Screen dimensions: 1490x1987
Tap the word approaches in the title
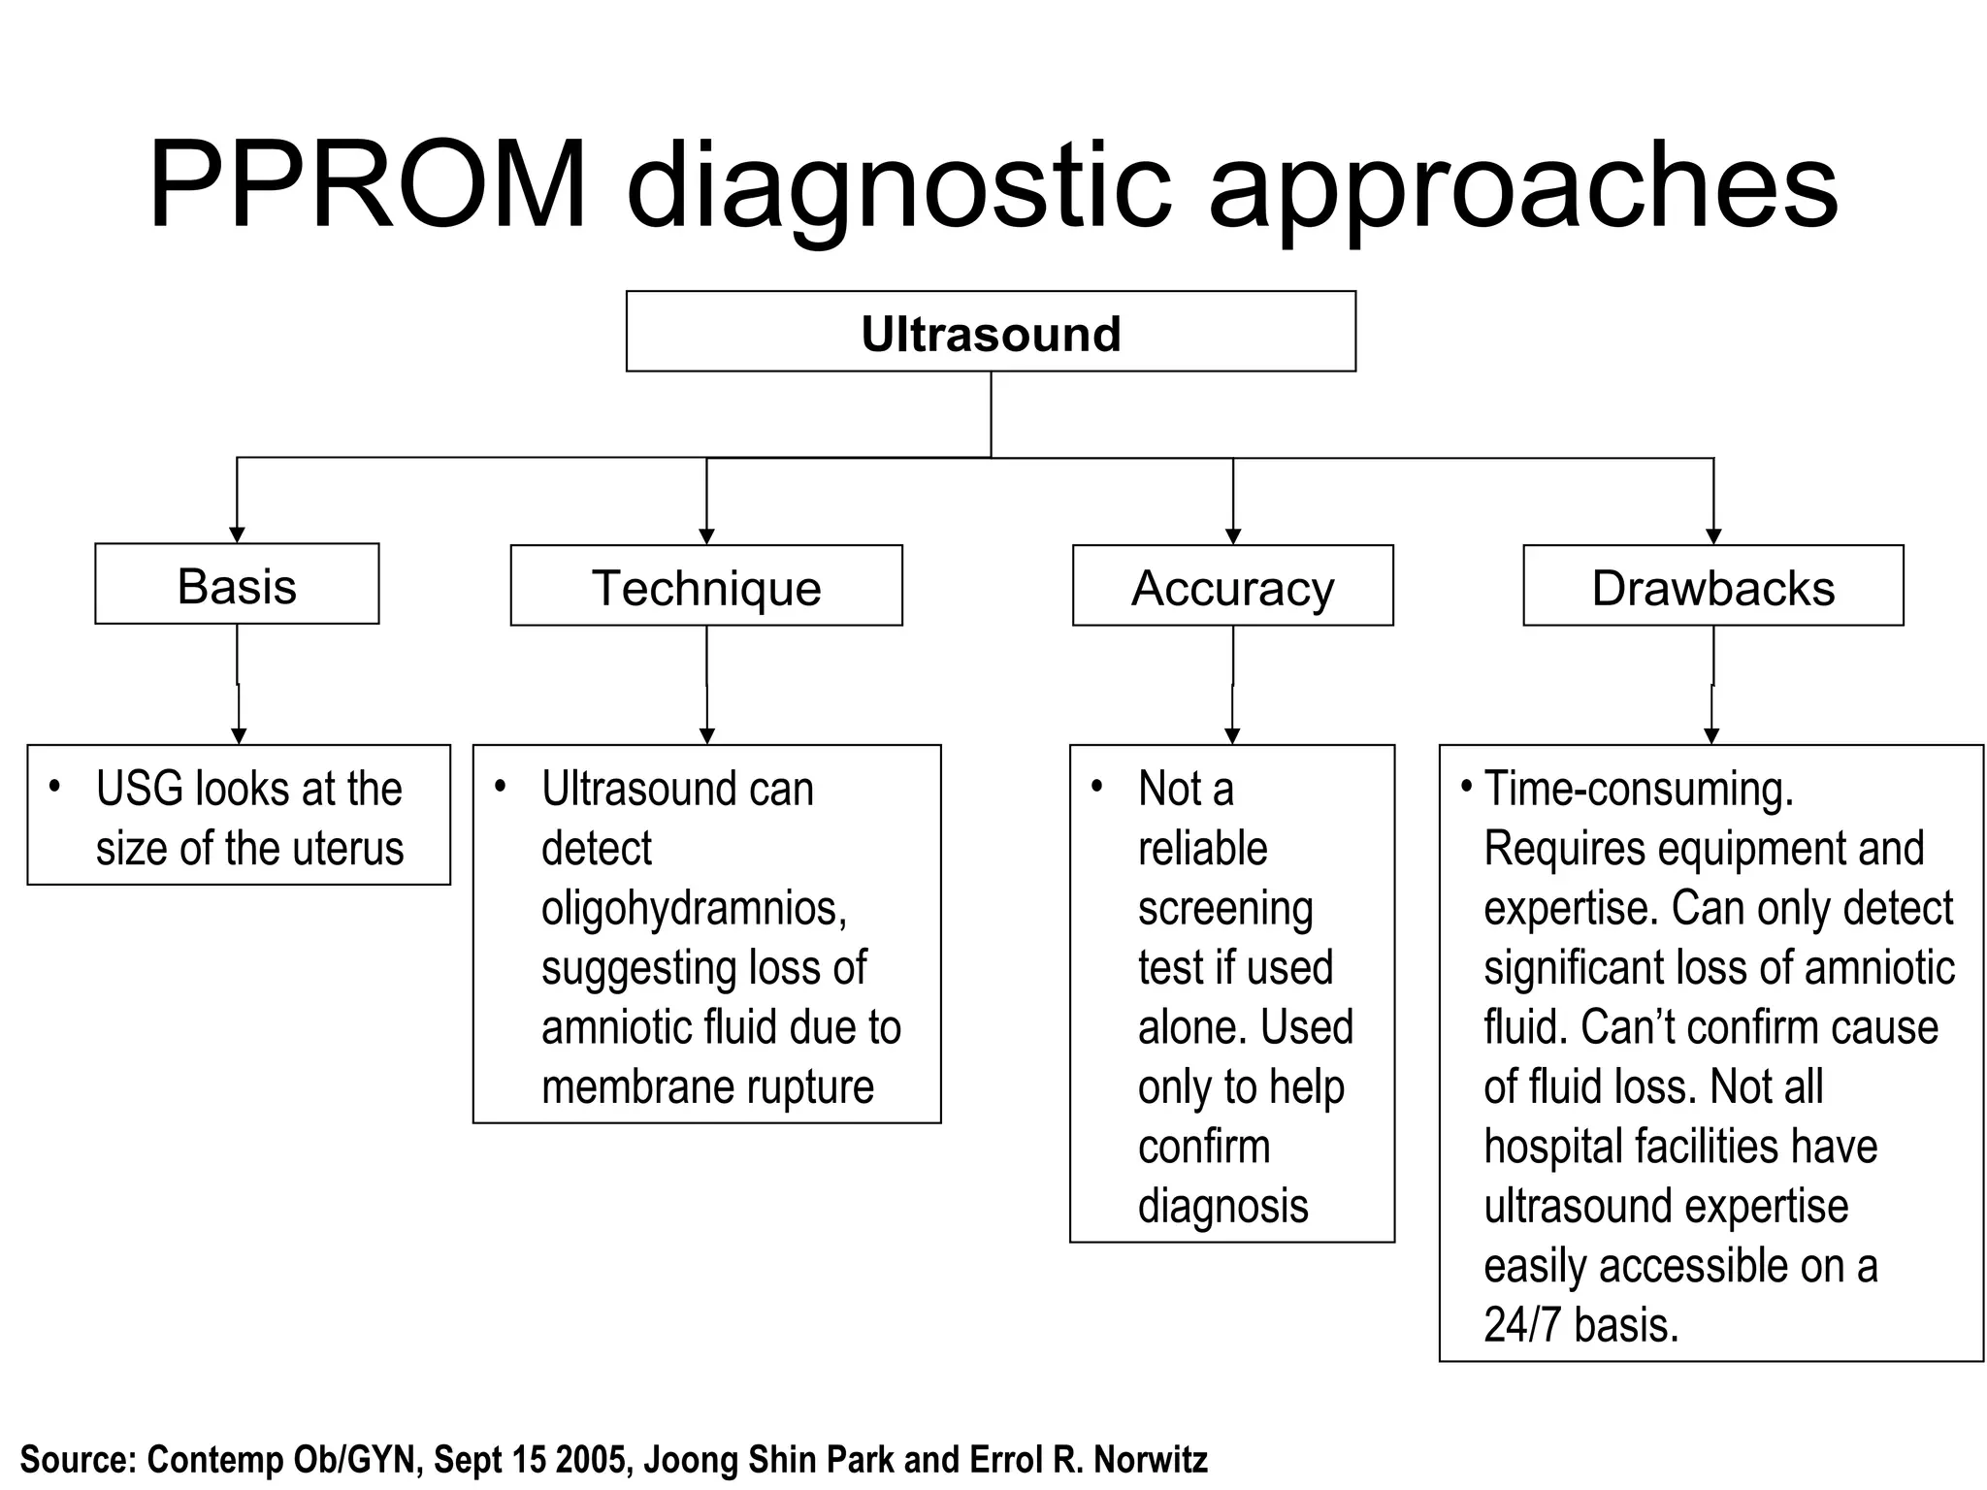click(1523, 189)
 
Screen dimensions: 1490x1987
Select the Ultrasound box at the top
click(991, 333)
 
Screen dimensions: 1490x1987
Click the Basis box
click(237, 585)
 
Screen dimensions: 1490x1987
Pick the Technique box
click(706, 587)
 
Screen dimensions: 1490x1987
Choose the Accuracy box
click(1232, 587)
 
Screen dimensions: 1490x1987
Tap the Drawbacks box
click(1712, 587)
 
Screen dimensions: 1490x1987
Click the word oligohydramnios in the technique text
click(694, 908)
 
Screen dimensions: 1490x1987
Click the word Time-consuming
click(1639, 789)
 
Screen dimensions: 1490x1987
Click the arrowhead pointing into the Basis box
click(237, 534)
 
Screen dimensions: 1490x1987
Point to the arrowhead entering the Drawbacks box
click(1713, 536)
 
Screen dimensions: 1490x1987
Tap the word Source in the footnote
click(77, 1459)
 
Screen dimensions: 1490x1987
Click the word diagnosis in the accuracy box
click(1222, 1207)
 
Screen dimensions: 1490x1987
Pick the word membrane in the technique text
click(616, 1087)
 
